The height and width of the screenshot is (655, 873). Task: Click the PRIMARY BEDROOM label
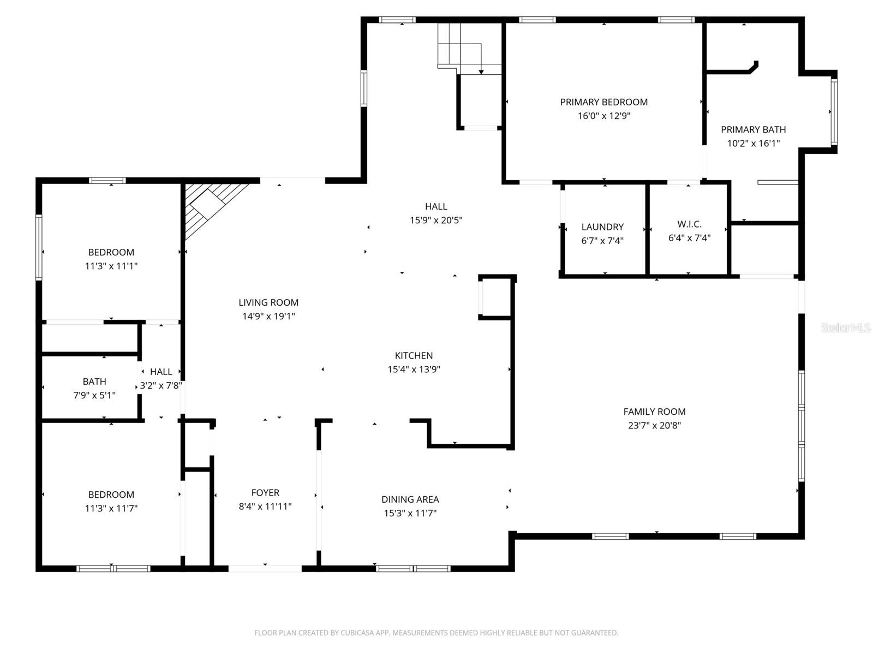(603, 102)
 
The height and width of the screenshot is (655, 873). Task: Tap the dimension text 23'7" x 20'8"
(654, 426)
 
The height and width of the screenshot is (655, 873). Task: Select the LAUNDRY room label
(602, 227)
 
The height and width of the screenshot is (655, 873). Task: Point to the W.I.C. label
(689, 224)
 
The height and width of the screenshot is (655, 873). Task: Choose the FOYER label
(265, 493)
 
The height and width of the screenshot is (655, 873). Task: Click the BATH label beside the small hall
(94, 382)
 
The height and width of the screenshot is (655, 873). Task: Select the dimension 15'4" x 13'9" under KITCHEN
(414, 370)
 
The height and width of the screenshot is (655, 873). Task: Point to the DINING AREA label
(410, 499)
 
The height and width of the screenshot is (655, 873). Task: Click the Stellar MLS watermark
(845, 328)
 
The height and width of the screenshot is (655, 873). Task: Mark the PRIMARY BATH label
(753, 130)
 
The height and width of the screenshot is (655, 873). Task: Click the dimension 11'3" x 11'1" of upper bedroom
(111, 266)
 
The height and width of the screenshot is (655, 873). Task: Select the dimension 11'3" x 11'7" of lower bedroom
(111, 509)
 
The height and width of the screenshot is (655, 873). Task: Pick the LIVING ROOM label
(268, 302)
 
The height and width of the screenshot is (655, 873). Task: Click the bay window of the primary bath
(834, 112)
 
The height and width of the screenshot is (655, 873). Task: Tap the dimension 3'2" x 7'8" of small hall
(161, 385)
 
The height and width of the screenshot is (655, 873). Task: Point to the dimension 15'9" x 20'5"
(436, 221)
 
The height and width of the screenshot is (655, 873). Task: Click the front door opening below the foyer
(265, 568)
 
